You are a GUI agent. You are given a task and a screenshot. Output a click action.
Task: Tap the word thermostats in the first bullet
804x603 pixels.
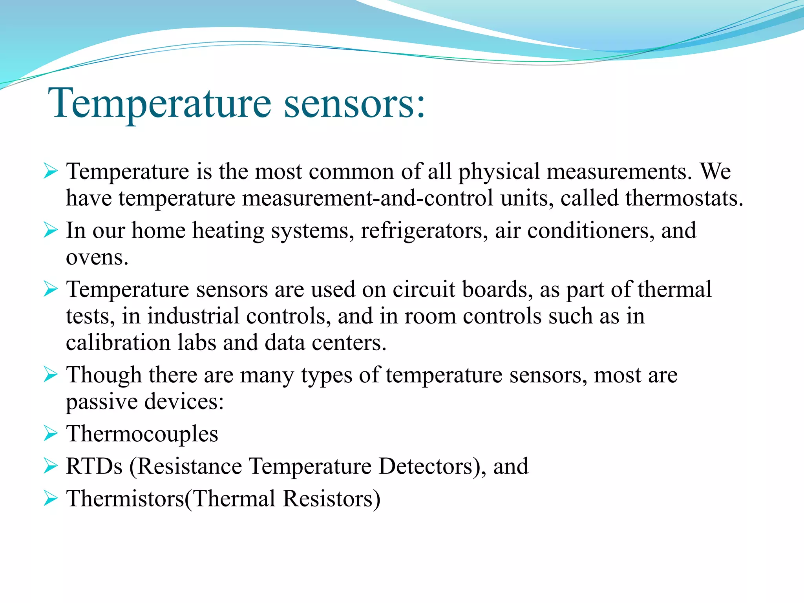pyautogui.click(x=684, y=198)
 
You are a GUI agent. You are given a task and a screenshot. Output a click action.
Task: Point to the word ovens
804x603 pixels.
pyautogui.click(x=97, y=258)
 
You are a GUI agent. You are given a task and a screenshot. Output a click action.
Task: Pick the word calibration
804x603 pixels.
pyautogui.click(x=118, y=343)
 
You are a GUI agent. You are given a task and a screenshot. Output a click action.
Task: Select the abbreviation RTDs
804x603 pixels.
pyautogui.click(x=94, y=466)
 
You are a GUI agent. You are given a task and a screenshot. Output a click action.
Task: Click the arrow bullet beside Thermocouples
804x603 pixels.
pyautogui.click(x=51, y=434)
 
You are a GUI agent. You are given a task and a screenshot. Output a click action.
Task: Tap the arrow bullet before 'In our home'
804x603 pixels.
pyautogui.click(x=51, y=230)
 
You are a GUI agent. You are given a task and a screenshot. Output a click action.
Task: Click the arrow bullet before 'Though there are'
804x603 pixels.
pyautogui.click(x=51, y=375)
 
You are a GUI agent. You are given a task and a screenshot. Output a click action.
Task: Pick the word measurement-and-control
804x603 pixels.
pyautogui.click(x=367, y=198)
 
